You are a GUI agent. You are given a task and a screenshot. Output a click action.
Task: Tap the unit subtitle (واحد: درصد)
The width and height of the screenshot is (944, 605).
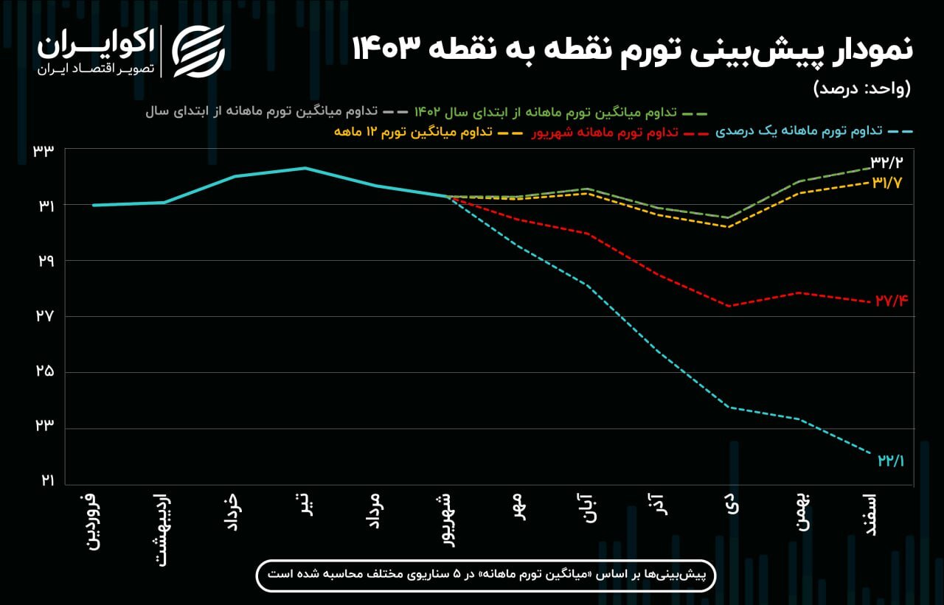(862, 89)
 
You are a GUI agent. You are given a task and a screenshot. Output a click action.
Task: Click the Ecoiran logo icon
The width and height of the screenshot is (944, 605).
(198, 51)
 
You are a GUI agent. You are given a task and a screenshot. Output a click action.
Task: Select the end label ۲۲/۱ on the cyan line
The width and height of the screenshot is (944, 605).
(891, 461)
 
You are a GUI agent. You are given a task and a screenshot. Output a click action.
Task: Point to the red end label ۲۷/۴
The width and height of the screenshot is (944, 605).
(891, 301)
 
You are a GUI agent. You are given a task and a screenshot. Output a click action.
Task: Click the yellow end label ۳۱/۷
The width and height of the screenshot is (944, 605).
(889, 182)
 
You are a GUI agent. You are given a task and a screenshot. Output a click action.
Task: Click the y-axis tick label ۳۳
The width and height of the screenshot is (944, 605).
(44, 151)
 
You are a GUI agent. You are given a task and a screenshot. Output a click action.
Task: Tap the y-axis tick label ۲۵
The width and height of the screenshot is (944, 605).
(44, 371)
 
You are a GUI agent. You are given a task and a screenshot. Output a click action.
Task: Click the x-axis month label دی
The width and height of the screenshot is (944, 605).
(731, 506)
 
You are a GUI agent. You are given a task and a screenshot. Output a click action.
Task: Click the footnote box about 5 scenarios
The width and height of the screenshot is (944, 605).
(486, 574)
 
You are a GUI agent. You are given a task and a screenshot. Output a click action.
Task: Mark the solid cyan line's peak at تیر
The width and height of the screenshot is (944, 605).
(305, 168)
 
